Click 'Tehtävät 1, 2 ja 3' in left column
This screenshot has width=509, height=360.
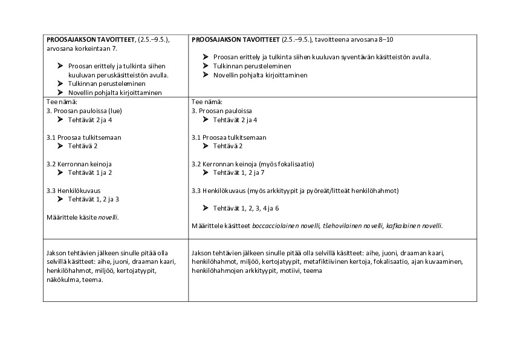coord(94,199)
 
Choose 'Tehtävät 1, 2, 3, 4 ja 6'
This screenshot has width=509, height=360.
coord(246,208)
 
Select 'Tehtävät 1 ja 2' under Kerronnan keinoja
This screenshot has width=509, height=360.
coord(90,172)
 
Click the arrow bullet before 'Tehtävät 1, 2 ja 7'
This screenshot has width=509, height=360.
coord(206,172)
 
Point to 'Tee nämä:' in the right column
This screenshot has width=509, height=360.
coord(207,102)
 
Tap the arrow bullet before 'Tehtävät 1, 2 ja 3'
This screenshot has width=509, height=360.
coord(60,199)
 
